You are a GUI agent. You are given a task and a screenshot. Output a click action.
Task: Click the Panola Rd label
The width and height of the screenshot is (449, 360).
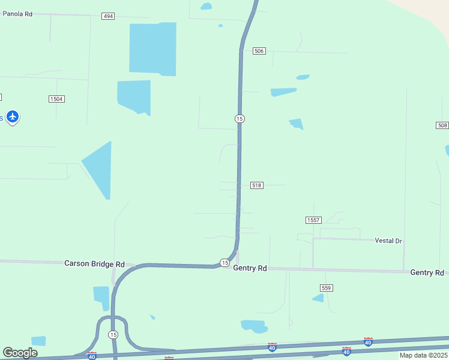(17, 13)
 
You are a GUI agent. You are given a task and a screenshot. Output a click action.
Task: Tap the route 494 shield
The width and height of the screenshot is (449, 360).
(108, 16)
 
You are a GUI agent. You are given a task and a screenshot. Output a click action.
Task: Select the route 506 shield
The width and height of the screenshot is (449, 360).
(259, 51)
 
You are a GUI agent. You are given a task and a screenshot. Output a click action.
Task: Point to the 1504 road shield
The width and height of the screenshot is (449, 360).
(56, 98)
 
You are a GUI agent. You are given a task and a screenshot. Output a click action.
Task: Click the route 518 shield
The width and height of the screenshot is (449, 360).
(257, 185)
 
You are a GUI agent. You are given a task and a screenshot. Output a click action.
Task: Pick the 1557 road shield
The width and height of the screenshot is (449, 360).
(313, 220)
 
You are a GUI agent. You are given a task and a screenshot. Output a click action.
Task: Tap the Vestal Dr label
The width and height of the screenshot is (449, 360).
(388, 241)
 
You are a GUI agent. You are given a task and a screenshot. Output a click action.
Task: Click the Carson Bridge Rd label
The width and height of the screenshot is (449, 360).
(94, 263)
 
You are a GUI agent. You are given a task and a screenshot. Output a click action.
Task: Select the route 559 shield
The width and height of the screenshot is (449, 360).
(326, 288)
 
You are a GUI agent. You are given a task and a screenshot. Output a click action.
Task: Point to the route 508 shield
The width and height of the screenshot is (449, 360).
(442, 125)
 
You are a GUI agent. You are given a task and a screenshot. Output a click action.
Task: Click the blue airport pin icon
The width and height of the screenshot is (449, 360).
(13, 116)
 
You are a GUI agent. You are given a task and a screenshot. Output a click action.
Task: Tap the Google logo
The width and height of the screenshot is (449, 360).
(20, 353)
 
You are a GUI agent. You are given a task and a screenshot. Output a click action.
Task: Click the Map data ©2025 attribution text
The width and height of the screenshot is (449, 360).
(423, 355)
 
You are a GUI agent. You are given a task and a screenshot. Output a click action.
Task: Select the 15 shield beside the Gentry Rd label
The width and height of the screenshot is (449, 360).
(224, 263)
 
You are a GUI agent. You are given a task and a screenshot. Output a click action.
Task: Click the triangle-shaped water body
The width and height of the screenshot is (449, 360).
(99, 168)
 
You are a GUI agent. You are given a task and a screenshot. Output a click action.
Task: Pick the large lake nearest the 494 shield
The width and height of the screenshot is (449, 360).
(153, 48)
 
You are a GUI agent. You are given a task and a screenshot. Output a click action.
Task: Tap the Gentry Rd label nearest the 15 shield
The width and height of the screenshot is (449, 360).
(250, 268)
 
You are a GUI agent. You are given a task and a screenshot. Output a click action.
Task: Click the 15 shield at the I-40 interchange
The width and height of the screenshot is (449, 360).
(113, 334)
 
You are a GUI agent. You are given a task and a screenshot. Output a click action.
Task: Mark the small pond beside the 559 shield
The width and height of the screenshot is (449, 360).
(318, 298)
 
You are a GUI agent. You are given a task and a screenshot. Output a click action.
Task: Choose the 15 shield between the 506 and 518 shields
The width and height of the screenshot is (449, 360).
(240, 119)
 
